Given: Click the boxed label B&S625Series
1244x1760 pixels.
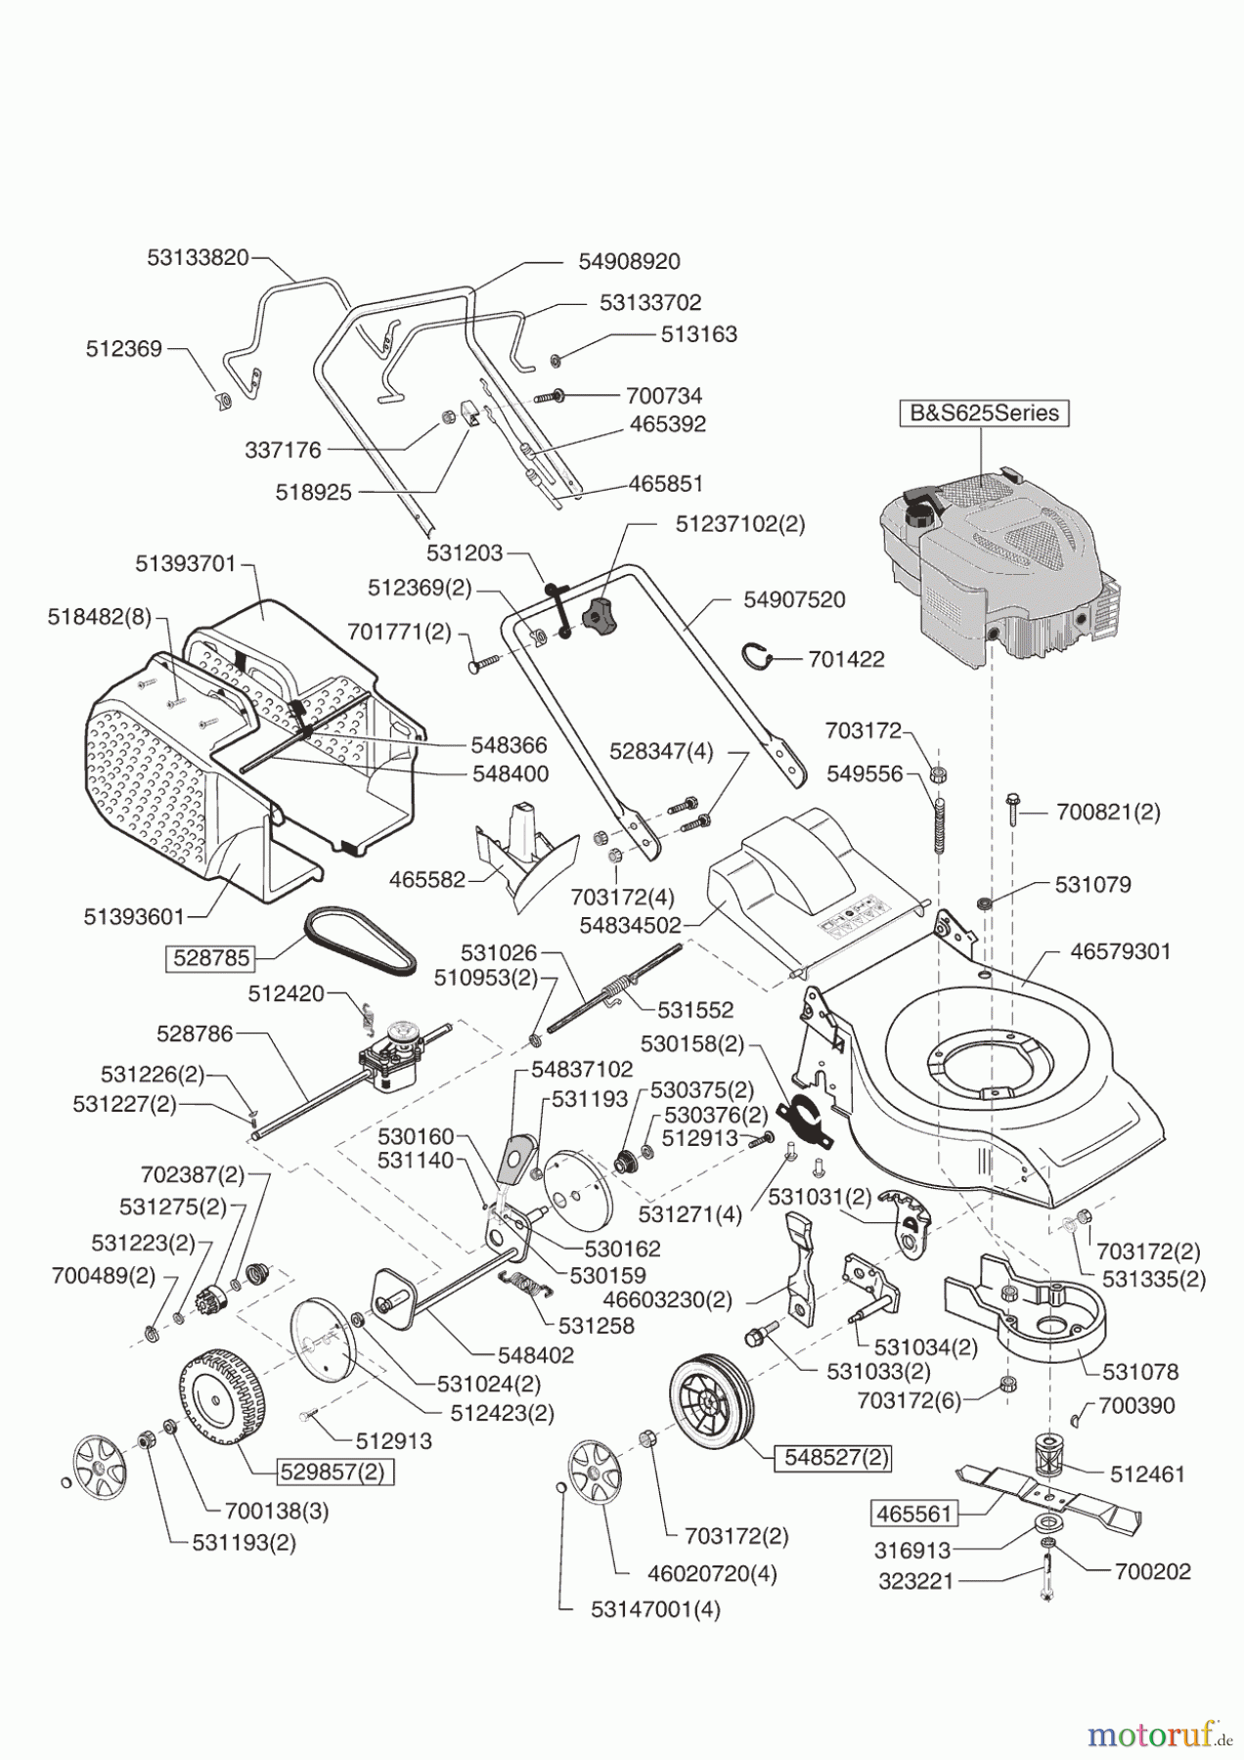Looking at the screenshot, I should (984, 413).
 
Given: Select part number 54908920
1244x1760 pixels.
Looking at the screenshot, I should (629, 262).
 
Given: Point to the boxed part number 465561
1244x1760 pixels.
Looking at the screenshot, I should (914, 1515).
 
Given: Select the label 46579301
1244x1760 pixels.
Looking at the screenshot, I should (1121, 951).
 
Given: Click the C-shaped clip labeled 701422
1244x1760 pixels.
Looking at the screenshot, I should (760, 657).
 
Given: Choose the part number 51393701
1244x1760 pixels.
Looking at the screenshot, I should (186, 564).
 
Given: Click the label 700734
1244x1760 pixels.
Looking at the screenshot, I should (663, 396).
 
